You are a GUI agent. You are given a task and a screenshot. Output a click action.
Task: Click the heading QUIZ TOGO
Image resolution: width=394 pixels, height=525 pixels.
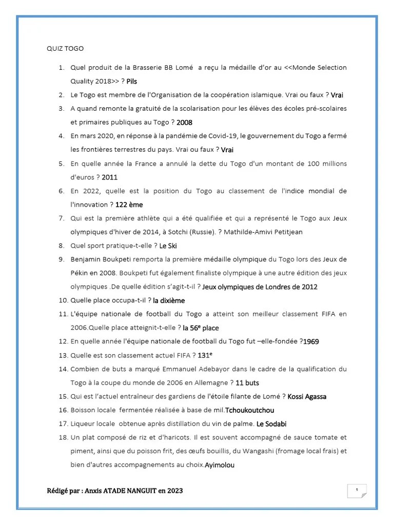click(65, 49)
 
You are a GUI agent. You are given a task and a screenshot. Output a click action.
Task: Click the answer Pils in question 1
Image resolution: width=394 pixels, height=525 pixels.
click(132, 82)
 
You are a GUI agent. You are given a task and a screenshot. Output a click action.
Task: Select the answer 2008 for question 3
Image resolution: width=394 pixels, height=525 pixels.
click(184, 123)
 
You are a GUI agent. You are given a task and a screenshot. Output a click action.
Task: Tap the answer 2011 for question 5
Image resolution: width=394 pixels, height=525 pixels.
click(110, 177)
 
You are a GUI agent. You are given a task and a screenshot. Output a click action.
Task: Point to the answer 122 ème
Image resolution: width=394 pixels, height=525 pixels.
click(129, 205)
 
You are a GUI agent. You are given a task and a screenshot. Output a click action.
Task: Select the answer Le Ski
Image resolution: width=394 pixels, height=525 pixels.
click(168, 246)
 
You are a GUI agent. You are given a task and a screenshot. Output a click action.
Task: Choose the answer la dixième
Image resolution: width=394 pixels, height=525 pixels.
click(169, 300)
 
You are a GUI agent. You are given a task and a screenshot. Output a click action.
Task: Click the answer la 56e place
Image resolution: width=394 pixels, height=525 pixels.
click(201, 328)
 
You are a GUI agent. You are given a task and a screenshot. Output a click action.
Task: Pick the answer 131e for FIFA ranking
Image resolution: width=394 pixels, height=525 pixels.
click(205, 355)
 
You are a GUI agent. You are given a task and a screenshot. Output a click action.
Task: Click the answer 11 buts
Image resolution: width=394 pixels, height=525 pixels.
click(248, 382)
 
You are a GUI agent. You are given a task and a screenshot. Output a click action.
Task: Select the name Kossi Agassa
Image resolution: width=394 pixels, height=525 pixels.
click(307, 396)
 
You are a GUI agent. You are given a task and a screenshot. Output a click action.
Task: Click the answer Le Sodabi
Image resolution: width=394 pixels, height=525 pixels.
click(272, 424)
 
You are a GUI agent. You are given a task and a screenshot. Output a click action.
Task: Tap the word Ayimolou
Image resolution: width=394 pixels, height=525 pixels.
click(220, 465)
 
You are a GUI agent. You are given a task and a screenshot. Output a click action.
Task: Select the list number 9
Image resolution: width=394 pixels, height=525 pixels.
click(61, 259)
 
